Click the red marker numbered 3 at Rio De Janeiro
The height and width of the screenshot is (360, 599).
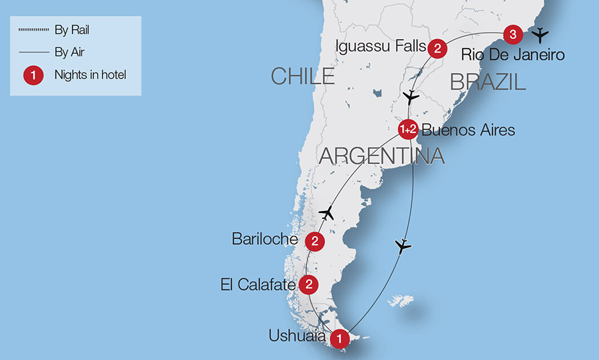(511, 33)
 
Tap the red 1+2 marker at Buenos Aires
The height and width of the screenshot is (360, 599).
(407, 130)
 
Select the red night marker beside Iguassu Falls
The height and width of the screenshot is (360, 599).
(437, 48)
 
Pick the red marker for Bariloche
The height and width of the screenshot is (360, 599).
(314, 240)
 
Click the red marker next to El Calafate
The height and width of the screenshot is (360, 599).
(309, 285)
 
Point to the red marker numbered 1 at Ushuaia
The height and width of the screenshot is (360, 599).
(340, 339)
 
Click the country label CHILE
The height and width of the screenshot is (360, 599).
(302, 77)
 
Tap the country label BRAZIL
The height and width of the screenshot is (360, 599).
(488, 82)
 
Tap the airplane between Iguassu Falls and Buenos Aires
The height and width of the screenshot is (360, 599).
(412, 97)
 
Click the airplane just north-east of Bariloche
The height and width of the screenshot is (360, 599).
(326, 213)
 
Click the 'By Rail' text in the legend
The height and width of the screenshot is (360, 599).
(73, 31)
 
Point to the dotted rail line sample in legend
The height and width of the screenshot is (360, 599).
(33, 31)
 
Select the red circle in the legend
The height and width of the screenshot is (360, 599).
(33, 75)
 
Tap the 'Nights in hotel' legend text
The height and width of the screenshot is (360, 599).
(90, 75)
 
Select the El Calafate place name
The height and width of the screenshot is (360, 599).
(258, 285)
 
